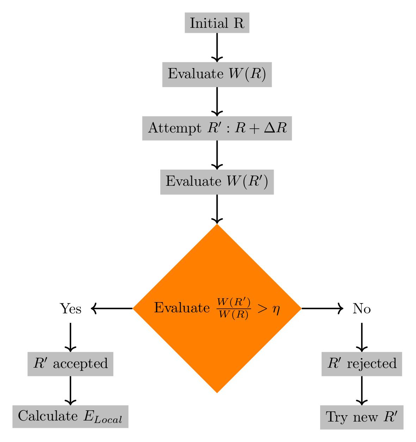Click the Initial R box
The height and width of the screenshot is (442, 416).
(217, 23)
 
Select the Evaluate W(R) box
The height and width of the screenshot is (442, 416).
(217, 74)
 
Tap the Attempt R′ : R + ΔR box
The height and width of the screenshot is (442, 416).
(217, 128)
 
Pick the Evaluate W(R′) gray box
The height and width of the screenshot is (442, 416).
(217, 182)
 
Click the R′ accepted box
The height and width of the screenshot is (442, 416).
(70, 363)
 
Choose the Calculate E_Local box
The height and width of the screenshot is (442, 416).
(70, 416)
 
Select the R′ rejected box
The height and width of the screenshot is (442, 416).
(362, 363)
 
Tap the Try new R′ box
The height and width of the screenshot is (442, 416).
(362, 417)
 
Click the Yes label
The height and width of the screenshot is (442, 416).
(70, 309)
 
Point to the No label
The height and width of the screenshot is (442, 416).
(362, 309)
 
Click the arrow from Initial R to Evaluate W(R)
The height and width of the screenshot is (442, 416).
(217, 48)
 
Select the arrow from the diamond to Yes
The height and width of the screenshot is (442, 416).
(112, 308)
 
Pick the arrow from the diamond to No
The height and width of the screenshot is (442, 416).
(322, 308)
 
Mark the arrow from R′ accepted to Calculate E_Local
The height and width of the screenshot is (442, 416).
(70, 390)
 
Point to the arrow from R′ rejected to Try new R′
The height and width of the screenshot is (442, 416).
(362, 390)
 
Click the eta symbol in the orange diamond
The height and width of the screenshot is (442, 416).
(276, 309)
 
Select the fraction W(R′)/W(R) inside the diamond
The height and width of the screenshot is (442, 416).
(234, 308)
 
